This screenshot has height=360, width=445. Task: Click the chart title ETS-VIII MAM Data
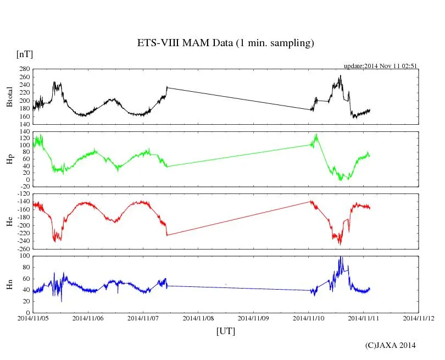pos(225,43)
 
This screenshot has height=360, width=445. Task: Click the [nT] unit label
pos(25,54)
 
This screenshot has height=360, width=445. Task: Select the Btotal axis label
pos(9,97)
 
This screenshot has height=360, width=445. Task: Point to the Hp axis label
pos(9,159)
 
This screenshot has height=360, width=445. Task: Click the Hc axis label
pos(9,221)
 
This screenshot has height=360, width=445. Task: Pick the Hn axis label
pos(9,284)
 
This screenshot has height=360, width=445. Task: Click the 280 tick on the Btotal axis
pos(24,69)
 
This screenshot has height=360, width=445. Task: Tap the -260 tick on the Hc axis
pos(22,249)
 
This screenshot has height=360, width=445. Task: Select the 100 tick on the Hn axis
pos(24,256)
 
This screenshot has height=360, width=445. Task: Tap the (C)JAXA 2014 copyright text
pos(391,345)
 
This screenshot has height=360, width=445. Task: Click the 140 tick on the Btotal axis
pos(24,125)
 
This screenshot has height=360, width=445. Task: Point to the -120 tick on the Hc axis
pos(22,194)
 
